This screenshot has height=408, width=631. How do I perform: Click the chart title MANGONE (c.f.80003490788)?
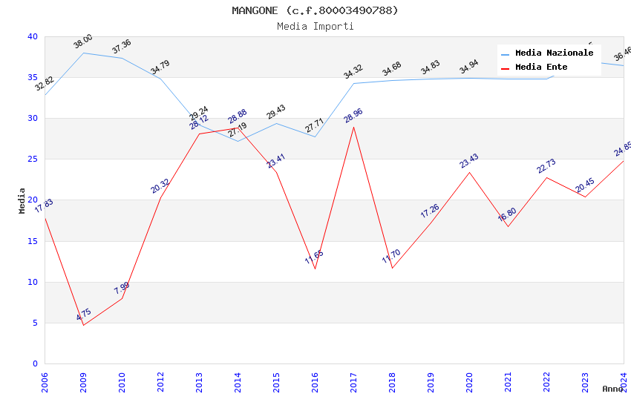[x=315, y=10]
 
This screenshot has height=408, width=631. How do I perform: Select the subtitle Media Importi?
[x=315, y=26]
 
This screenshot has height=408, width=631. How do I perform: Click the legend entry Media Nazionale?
[x=554, y=53]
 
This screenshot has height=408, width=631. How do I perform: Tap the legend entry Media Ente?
[x=541, y=68]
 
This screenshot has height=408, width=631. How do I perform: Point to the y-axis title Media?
[x=22, y=200]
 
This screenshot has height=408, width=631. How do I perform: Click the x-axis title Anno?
[x=612, y=389]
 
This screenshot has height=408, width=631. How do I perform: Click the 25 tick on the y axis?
[x=32, y=159]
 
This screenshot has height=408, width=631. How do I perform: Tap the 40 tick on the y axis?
[x=32, y=36]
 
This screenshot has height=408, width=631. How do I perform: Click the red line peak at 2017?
[x=353, y=127]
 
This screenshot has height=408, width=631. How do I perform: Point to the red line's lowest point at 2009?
[x=83, y=325]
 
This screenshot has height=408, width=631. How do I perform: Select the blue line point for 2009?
[x=83, y=53]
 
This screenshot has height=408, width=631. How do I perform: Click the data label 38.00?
[x=83, y=42]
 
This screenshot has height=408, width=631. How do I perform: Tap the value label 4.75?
[x=84, y=315]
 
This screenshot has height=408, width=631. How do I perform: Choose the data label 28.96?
[x=353, y=116]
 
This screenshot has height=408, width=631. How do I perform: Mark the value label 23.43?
[x=469, y=161]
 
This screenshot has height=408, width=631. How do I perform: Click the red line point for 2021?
[x=508, y=226]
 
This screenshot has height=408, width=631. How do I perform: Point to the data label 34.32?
[x=353, y=72]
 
